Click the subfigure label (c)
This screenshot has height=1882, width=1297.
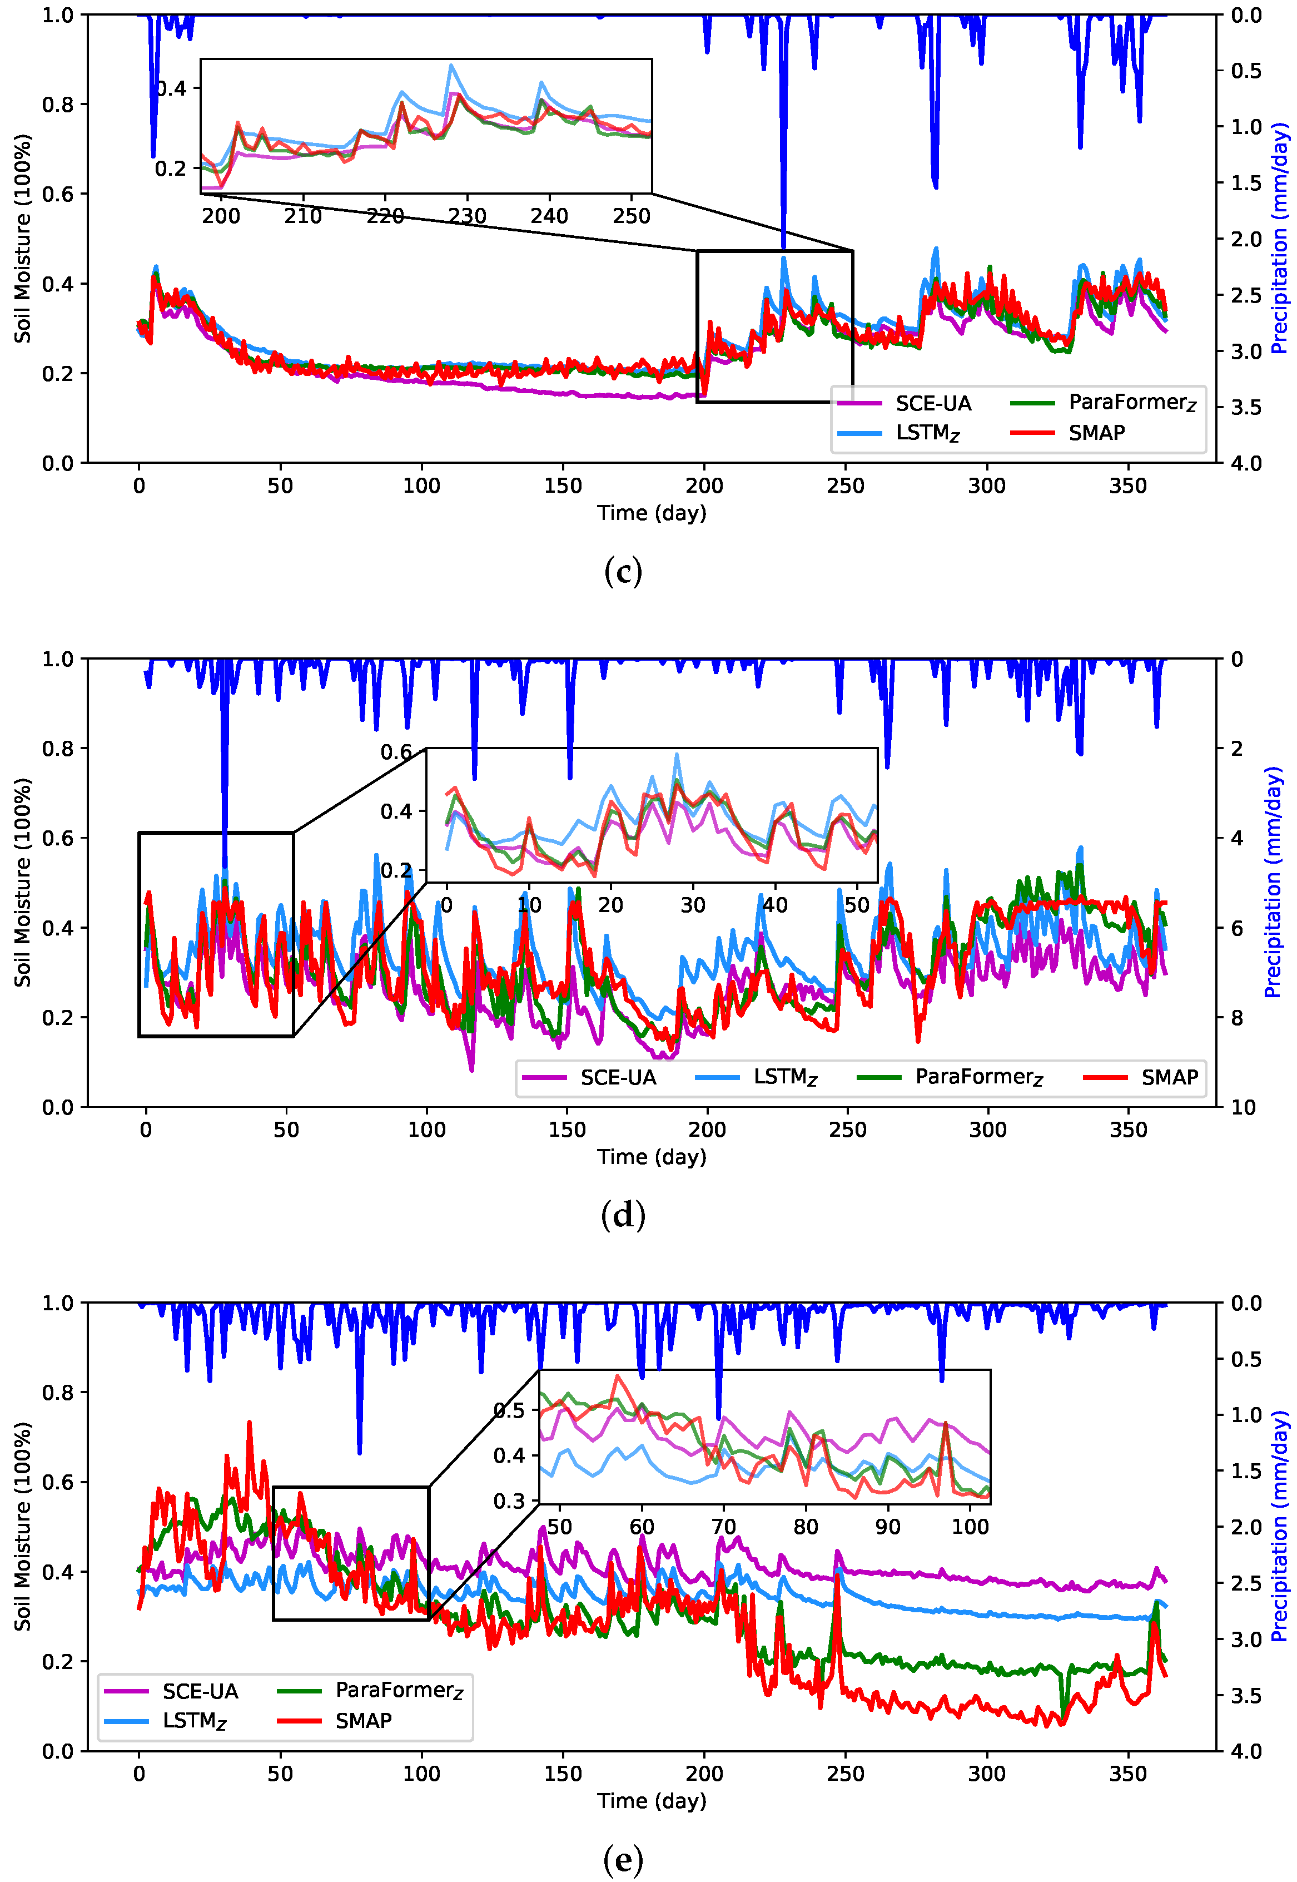pyautogui.click(x=623, y=572)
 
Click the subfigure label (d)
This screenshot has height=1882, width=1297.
pyautogui.click(x=623, y=1215)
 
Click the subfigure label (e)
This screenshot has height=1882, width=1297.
pyautogui.click(x=623, y=1859)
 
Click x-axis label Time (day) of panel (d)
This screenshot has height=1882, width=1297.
pyautogui.click(x=652, y=1157)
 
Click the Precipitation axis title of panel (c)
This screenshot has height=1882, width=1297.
pyautogui.click(x=1279, y=238)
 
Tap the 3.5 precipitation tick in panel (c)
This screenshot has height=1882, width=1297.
pyautogui.click(x=1245, y=407)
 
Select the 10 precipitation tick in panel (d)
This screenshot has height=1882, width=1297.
pyautogui.click(x=1243, y=1107)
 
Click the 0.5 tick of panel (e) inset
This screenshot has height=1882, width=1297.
pyautogui.click(x=510, y=1410)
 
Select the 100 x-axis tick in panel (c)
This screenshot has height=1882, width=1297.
pyautogui.click(x=421, y=486)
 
